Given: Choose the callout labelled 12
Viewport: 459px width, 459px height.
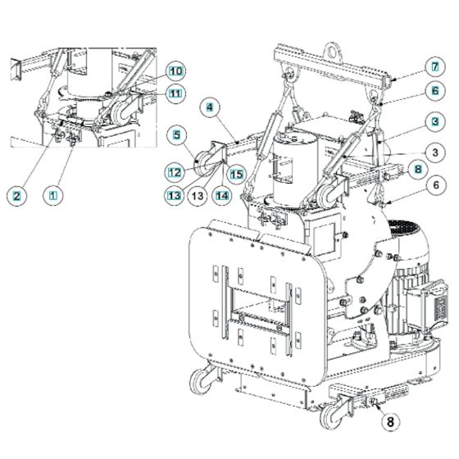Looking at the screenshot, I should click(x=175, y=172).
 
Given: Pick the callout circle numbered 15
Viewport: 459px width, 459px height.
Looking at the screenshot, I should click(x=236, y=173).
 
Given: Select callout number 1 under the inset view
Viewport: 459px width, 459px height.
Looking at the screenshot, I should click(x=54, y=195).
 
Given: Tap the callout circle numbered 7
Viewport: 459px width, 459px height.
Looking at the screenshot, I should click(x=409, y=66).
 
